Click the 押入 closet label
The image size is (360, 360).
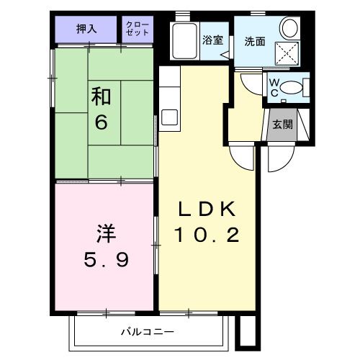pyautogui.click(x=87, y=30)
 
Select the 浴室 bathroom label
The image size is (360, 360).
pyautogui.click(x=212, y=40)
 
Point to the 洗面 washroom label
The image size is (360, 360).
pyautogui.click(x=255, y=41)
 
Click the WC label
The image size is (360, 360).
pyautogui.click(x=274, y=87)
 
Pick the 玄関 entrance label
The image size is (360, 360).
pyautogui.click(x=282, y=123)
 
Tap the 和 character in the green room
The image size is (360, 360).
pyautogui.click(x=102, y=96)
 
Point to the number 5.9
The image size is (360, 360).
pyautogui.click(x=105, y=259)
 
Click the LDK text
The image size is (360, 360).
pyautogui.click(x=207, y=210)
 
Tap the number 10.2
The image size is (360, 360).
pyautogui.click(x=207, y=235)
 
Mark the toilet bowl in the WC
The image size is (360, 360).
pyautogui.click(x=292, y=87)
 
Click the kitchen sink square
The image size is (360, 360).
pyautogui.click(x=170, y=117)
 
